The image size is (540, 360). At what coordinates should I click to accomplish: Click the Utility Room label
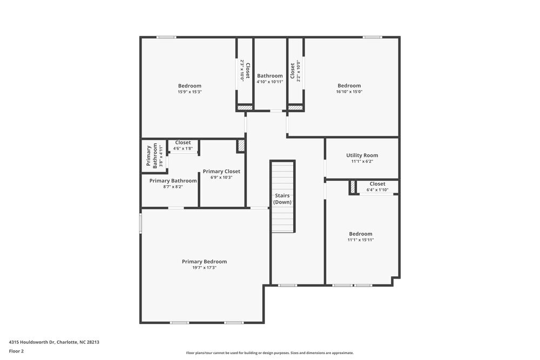tap(362, 155)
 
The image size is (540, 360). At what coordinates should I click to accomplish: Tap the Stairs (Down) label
tap(282, 199)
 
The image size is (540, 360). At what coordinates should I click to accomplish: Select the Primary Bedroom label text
tap(204, 261)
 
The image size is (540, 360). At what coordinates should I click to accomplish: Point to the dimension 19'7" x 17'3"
tap(204, 268)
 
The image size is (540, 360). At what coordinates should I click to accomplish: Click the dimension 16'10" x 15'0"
tap(349, 92)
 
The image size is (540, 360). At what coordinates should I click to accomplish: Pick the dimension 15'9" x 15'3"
tap(190, 92)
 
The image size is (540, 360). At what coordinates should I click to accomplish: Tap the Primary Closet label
tap(221, 171)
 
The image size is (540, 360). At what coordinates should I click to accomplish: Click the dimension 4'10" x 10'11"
tap(269, 82)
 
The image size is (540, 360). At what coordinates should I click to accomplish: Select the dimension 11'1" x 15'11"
tap(360, 240)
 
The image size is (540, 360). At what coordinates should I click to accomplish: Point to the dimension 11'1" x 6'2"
tap(362, 161)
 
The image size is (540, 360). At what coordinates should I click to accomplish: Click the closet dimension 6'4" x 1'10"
tap(377, 190)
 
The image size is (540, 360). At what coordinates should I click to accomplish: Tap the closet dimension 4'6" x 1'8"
tap(183, 148)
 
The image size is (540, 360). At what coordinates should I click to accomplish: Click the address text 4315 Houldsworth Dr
tap(54, 342)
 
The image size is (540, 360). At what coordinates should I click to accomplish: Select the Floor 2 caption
tap(16, 351)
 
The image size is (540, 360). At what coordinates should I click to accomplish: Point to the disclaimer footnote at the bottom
tap(270, 352)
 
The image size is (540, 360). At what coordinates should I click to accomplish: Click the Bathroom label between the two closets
tap(269, 76)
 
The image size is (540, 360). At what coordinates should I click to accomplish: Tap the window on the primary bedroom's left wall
tap(141, 223)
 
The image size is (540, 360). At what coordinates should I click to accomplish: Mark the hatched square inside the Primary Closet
tap(241, 146)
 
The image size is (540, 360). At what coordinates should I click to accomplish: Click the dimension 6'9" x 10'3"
tap(221, 178)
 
